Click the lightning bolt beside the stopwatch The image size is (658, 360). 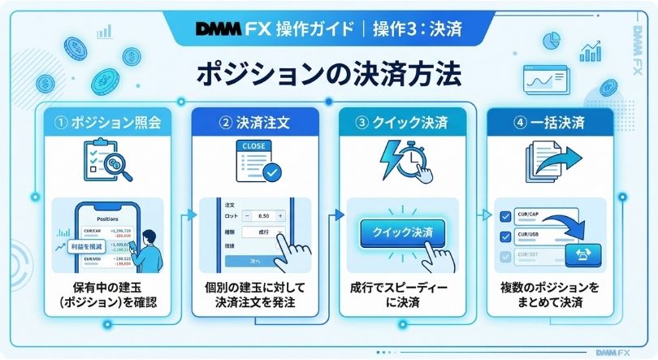pos(392,159)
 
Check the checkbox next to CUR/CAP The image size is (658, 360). pos(505,216)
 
